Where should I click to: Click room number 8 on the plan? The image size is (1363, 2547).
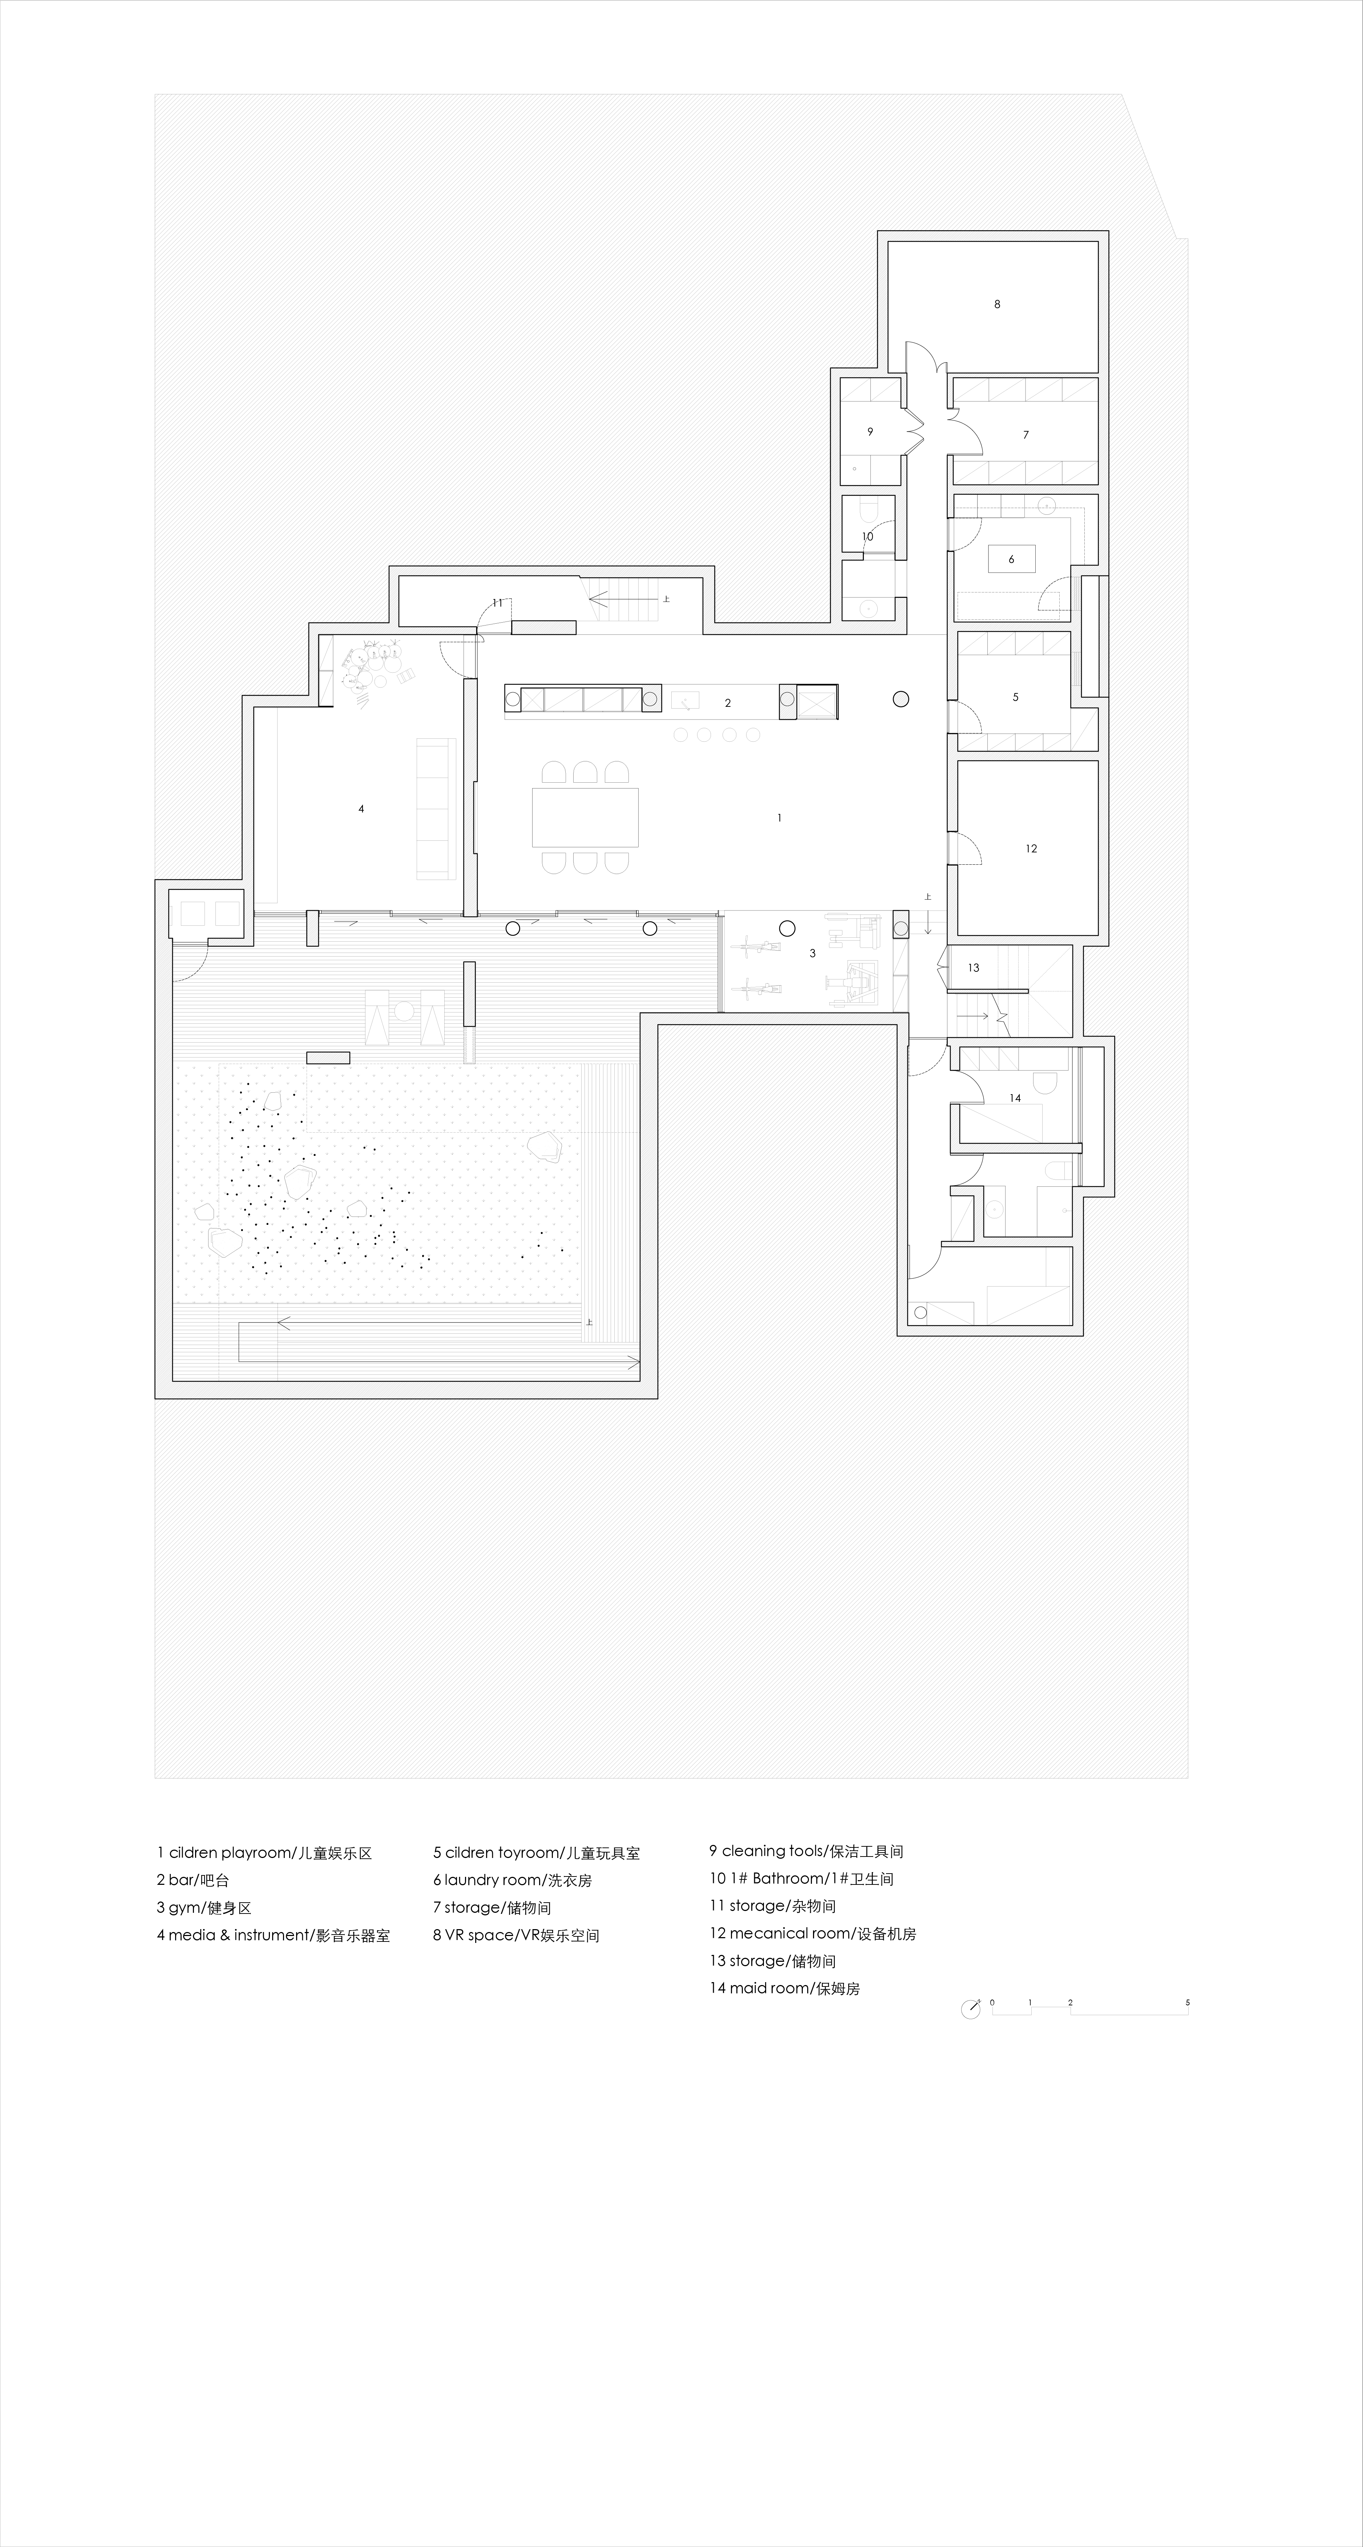(997, 305)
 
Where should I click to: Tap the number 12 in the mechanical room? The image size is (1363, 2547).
(1031, 848)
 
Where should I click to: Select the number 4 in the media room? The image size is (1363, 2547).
(361, 809)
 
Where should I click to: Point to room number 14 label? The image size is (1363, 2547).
(1015, 1097)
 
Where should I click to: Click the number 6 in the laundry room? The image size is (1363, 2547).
(1011, 560)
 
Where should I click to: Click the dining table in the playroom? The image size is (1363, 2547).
(585, 817)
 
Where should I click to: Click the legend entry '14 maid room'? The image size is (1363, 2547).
(784, 1988)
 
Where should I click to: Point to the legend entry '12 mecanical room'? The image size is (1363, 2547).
(812, 1933)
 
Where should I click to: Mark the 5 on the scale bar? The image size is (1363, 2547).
(1187, 2002)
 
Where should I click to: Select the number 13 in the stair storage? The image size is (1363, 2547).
(973, 968)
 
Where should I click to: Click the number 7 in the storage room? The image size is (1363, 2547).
(1026, 435)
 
